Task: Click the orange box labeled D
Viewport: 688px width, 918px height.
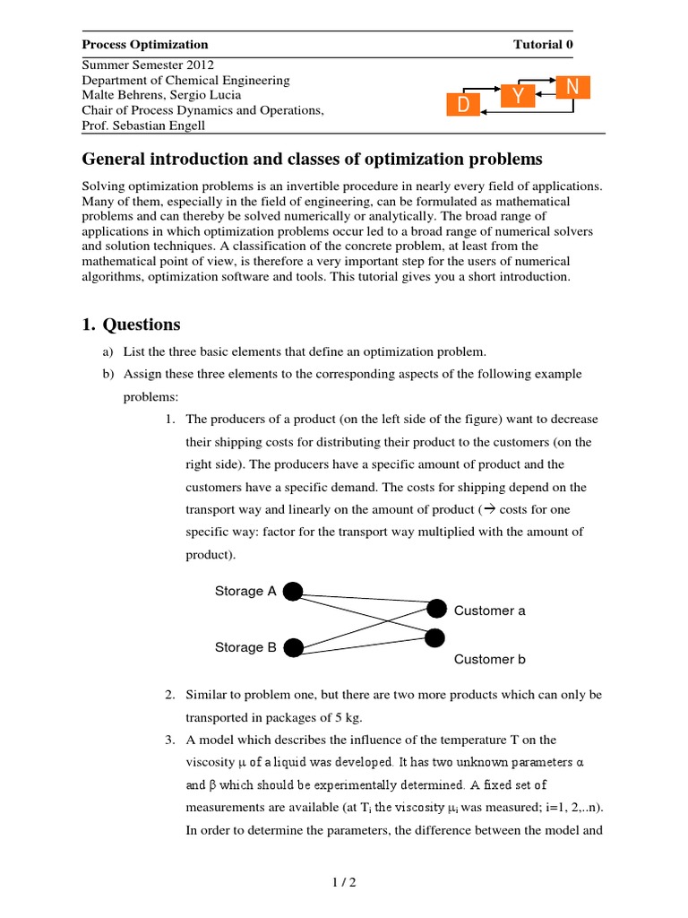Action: (463, 106)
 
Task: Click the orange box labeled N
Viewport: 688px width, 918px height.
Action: (573, 86)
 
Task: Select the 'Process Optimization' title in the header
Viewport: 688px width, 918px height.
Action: (145, 44)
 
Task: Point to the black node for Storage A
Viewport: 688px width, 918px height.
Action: (293, 591)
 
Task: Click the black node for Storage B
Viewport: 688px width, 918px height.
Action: (293, 647)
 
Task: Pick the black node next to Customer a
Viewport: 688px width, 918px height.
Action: (436, 608)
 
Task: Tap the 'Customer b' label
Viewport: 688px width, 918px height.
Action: (489, 659)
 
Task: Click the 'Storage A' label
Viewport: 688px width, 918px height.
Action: (245, 591)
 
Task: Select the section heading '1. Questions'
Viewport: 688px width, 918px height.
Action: (131, 325)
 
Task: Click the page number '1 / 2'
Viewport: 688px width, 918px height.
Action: (343, 882)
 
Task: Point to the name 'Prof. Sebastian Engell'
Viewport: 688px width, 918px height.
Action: (144, 125)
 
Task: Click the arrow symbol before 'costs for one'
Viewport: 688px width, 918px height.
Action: (488, 508)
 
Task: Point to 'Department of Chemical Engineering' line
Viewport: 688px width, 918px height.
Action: (185, 80)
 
